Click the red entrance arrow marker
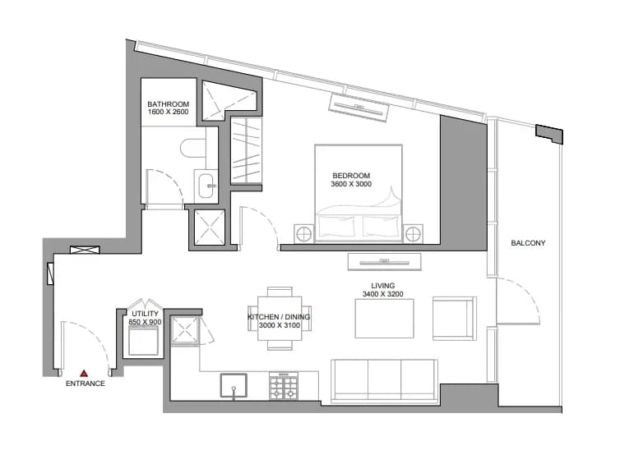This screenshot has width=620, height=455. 84,373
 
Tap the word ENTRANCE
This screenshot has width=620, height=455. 86,384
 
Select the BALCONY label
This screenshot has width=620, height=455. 528,243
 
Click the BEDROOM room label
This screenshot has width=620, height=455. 351,176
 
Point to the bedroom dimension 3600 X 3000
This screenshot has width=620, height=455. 351,184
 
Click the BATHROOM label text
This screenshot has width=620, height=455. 168,104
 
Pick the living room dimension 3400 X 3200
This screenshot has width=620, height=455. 382,294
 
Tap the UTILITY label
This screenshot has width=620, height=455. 145,314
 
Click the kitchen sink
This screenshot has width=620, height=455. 234,385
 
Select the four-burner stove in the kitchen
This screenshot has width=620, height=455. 283,386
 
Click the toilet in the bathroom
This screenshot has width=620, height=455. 193,148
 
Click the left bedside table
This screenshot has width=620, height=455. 304,234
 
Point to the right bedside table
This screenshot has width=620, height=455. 413,234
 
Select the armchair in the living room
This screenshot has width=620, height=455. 455,319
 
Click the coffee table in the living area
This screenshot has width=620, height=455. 384,319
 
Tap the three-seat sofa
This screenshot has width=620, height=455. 384,381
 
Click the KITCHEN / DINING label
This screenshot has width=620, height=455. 279,317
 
